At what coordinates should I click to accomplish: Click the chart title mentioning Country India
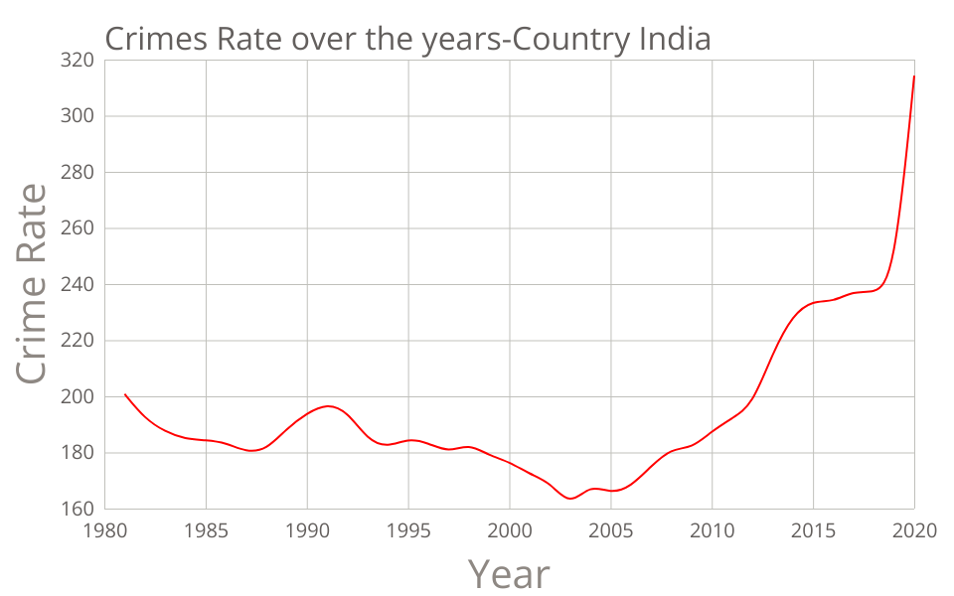pyautogui.click(x=407, y=39)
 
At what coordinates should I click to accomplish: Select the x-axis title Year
pyautogui.click(x=508, y=573)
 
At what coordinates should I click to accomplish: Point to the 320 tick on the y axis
pyautogui.click(x=79, y=61)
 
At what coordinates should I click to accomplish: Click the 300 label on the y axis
pyautogui.click(x=79, y=116)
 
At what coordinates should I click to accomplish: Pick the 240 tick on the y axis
pyautogui.click(x=79, y=285)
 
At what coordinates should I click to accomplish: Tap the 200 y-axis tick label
pyautogui.click(x=79, y=397)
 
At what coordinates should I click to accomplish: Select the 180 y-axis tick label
pyautogui.click(x=79, y=453)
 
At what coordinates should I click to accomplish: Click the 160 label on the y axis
pyautogui.click(x=79, y=510)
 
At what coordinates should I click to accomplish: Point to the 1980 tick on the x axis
pyautogui.click(x=104, y=530)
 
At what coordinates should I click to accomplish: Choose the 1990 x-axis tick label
pyautogui.click(x=307, y=530)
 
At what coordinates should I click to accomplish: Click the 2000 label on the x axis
pyautogui.click(x=510, y=530)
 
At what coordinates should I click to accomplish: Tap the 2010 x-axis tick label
pyautogui.click(x=712, y=530)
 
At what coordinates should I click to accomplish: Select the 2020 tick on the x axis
pyautogui.click(x=914, y=530)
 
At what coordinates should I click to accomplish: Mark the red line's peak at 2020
pyautogui.click(x=914, y=75)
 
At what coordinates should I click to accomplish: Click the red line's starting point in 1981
pyautogui.click(x=125, y=394)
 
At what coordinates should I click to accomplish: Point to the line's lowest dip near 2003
pyautogui.click(x=570, y=499)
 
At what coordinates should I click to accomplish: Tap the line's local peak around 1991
pyautogui.click(x=328, y=406)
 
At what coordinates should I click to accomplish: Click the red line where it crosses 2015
pyautogui.click(x=813, y=303)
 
